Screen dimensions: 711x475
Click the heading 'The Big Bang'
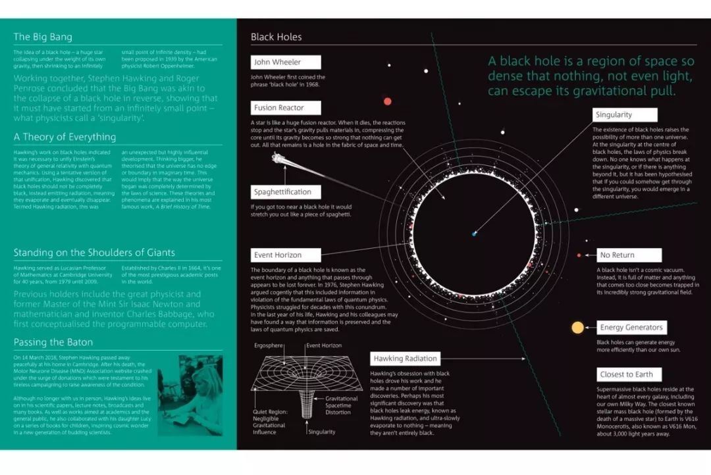coord(43,37)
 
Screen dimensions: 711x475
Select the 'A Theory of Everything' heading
coord(65,137)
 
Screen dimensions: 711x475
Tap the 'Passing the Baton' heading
coord(53,342)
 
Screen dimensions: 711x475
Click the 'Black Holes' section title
coord(276,37)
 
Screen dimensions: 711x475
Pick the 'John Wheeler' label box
coord(286,63)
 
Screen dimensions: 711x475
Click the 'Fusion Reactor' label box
coord(286,108)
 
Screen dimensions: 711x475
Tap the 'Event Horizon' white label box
coord(286,255)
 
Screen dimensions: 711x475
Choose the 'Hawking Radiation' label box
coord(405,359)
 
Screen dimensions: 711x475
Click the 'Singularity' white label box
coord(622,114)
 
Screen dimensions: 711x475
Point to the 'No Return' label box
coord(629,255)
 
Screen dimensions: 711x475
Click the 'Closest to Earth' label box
coord(629,374)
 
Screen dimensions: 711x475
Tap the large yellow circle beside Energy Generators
coord(577,327)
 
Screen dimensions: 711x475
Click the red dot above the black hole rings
coord(387,101)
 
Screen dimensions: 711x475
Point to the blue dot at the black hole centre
coord(473,234)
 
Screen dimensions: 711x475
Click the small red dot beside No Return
coord(579,255)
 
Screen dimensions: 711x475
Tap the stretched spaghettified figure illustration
coord(282,160)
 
